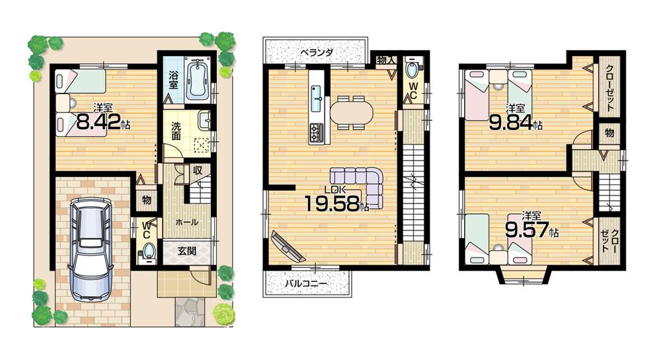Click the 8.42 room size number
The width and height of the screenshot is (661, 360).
tap(100, 122)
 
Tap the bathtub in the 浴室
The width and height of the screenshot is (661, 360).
tap(198, 81)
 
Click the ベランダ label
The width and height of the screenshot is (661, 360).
tap(316, 52)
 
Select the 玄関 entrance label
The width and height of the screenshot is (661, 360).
tap(187, 252)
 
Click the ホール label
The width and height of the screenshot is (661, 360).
tap(187, 223)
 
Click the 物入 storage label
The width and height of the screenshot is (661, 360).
tap(386, 60)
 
